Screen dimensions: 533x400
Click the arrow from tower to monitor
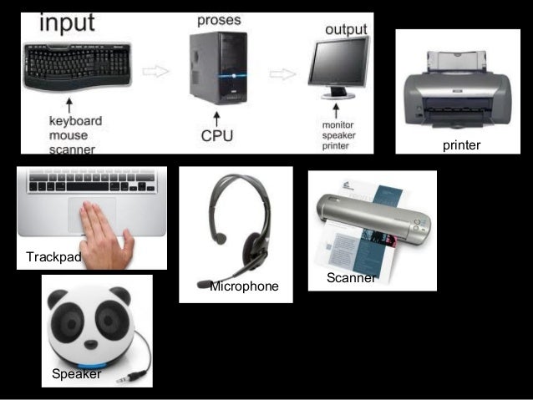pos(283,74)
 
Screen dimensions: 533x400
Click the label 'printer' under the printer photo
pos(461,145)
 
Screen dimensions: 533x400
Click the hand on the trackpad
pos(104,233)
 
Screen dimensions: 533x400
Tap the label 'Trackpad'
pos(53,256)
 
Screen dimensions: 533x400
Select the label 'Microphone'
pos(244,286)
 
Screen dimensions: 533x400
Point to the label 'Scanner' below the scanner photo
pos(351,278)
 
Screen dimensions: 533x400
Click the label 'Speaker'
pos(76,374)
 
